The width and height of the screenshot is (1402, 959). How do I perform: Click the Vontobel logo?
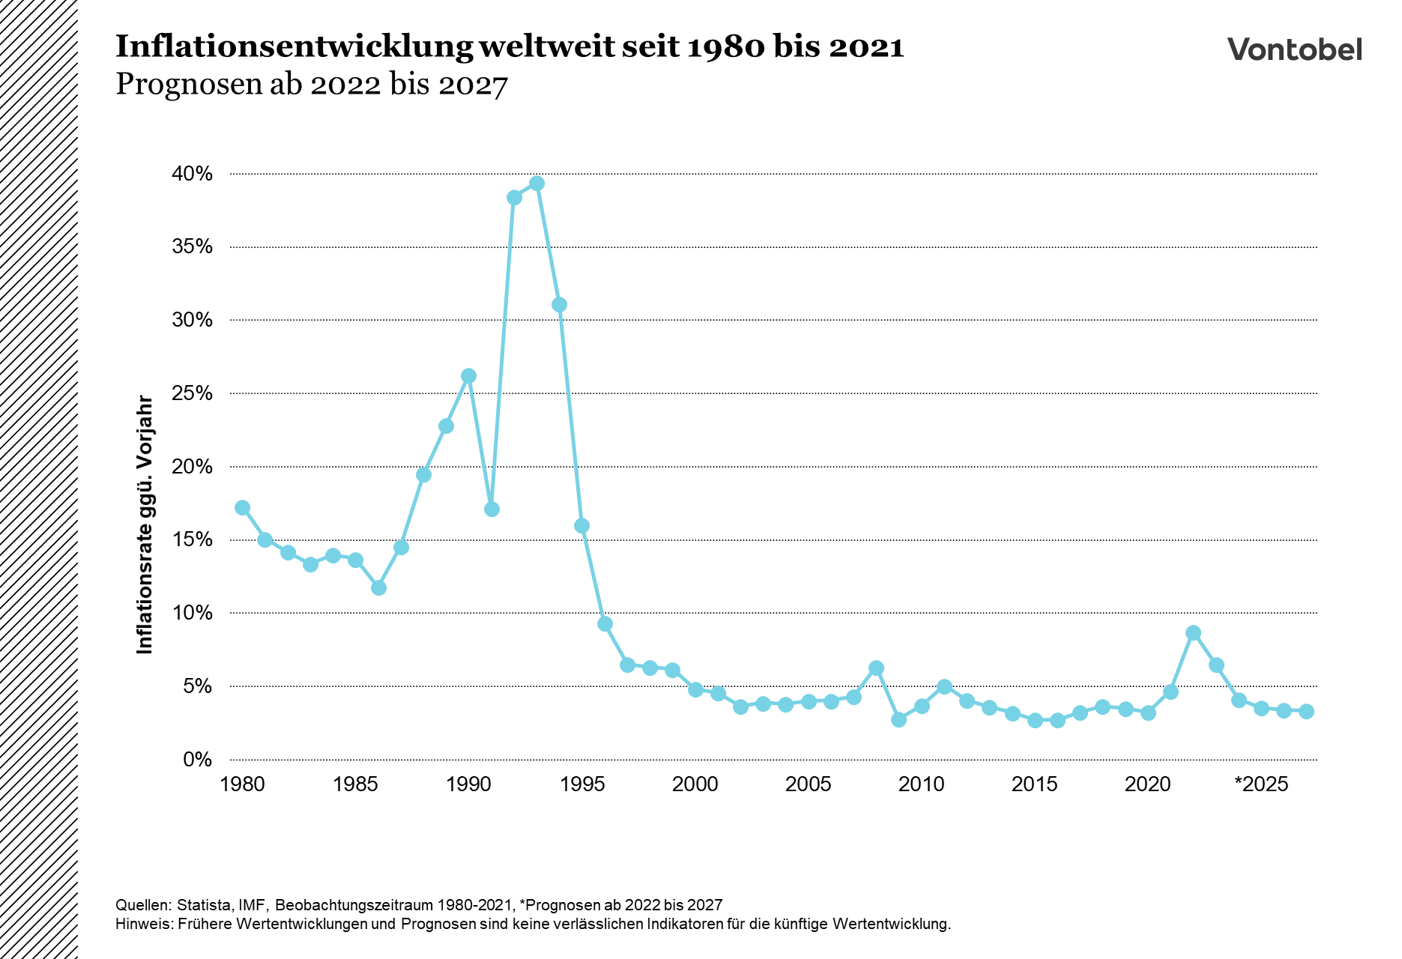1294,49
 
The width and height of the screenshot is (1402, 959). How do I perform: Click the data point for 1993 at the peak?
537,183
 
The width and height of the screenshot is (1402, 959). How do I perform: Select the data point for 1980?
242,507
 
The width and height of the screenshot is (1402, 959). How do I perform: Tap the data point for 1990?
468,375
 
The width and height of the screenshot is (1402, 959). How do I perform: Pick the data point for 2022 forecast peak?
1194,632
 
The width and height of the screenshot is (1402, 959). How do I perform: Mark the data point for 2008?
876,668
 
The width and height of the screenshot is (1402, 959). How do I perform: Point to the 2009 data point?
899,719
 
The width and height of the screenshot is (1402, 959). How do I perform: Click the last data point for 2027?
1306,711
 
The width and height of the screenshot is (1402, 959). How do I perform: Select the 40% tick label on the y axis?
193,174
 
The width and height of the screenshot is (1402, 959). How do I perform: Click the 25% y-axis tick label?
193,393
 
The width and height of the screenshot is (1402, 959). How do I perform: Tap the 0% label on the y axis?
198,760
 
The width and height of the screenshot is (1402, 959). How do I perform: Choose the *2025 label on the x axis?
1261,784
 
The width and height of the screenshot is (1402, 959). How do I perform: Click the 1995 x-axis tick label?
582,784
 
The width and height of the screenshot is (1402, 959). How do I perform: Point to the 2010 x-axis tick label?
922,784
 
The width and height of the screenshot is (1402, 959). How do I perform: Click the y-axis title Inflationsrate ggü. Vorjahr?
145,524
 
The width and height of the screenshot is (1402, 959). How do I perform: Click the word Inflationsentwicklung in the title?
294,47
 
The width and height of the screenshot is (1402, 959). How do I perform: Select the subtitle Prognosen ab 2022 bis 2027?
312,85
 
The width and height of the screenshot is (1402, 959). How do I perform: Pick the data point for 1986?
378,587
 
